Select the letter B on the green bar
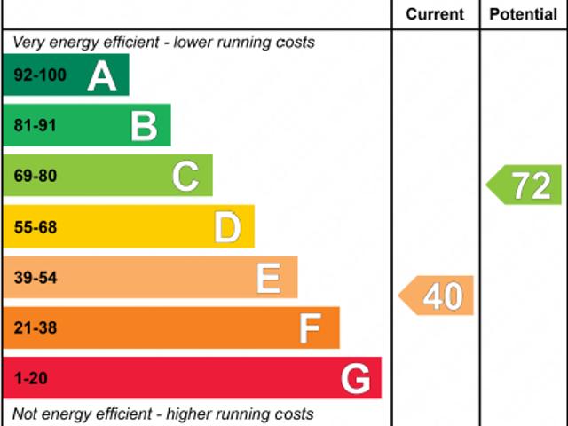pyautogui.click(x=144, y=126)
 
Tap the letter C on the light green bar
pyautogui.click(x=185, y=177)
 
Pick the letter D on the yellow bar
pyautogui.click(x=227, y=227)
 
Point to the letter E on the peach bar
pyautogui.click(x=268, y=278)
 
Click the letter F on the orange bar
pyautogui.click(x=309, y=328)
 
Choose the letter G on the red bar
pyautogui.click(x=355, y=379)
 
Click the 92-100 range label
pyautogui.click(x=40, y=75)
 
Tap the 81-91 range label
pyautogui.click(x=35, y=126)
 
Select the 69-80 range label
pyautogui.click(x=35, y=177)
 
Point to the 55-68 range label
pyautogui.click(x=35, y=227)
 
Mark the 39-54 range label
pyautogui.click(x=35, y=278)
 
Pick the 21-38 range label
pyautogui.click(x=35, y=328)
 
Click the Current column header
pyautogui.click(x=435, y=14)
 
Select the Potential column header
pyautogui.click(x=524, y=14)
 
